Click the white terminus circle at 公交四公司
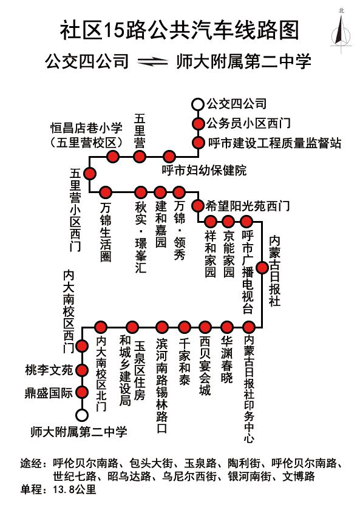[x=197, y=104]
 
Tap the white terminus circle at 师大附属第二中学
[x=81, y=415]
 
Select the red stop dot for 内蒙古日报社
[x=262, y=268]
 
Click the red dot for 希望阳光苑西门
[x=197, y=206]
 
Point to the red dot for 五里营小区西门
[x=89, y=174]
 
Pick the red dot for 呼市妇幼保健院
[x=169, y=157]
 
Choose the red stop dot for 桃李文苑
[x=82, y=370]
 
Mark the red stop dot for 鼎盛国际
[x=82, y=392]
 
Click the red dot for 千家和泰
[x=185, y=327]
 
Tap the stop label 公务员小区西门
[x=248, y=123]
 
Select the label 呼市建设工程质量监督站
[x=275, y=143]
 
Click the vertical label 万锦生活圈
[x=106, y=233]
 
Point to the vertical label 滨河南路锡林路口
[x=161, y=386]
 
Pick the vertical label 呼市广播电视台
[x=248, y=272]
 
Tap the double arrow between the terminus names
[x=152, y=61]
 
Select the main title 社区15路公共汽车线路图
[x=180, y=30]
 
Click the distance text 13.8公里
[x=75, y=489]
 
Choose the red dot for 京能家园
[x=228, y=222]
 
